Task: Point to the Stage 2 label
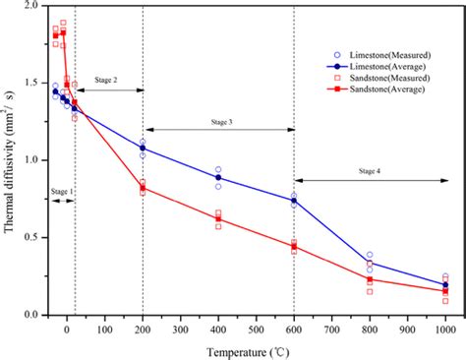108,79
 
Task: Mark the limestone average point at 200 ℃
143,148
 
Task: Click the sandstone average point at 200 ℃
143,188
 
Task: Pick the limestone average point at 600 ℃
293,201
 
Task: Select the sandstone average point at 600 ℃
293,246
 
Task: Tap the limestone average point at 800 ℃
370,263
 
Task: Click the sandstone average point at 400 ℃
218,218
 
